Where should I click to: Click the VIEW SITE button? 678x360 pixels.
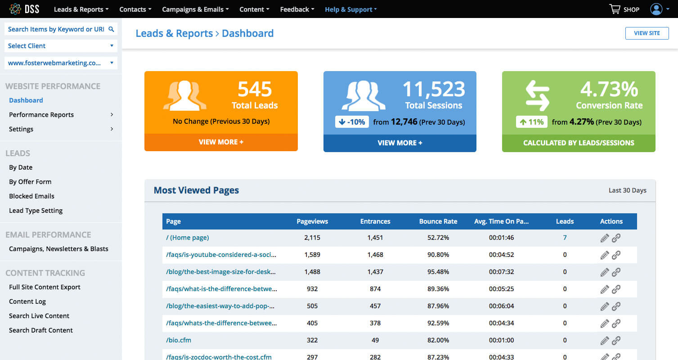[x=647, y=33]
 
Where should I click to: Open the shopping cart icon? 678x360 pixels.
[x=615, y=9]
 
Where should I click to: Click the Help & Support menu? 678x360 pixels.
[x=351, y=9]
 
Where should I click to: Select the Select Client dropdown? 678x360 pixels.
[x=61, y=46]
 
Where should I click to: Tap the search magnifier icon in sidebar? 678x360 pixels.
[x=111, y=29]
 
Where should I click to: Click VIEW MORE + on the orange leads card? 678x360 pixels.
[x=221, y=142]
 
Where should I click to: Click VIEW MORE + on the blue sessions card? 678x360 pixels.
[x=400, y=143]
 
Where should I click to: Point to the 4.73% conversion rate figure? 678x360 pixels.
[x=609, y=89]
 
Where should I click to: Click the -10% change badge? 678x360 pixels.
[x=352, y=121]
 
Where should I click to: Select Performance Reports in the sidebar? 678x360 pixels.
[x=41, y=115]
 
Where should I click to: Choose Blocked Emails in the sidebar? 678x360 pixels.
[x=31, y=196]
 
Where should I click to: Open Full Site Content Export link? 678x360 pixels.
[x=45, y=287]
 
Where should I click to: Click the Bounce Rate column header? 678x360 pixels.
[x=438, y=221]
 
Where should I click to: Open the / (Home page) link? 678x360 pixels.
[x=187, y=238]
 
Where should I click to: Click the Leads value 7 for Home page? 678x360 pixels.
[x=565, y=238]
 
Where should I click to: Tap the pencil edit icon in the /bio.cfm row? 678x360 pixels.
[x=605, y=340]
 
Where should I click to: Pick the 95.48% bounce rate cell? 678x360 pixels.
[x=438, y=272]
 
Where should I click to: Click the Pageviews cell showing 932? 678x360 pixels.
[x=312, y=289]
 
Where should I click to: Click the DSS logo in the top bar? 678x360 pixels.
[x=24, y=9]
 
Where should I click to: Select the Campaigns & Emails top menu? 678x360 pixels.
[x=195, y=9]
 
